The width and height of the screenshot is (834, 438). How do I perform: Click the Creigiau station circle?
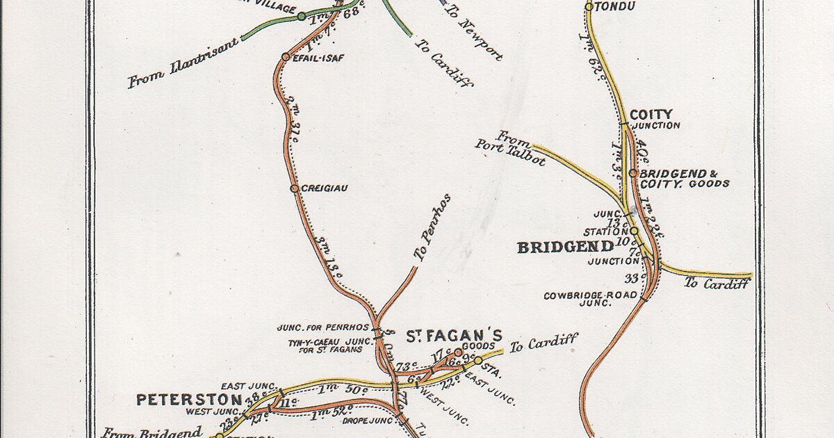click(x=294, y=188)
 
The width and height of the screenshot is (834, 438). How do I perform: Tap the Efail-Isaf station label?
click(x=318, y=58)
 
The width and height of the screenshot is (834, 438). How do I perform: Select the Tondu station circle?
click(x=589, y=7)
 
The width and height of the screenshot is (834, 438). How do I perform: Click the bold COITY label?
click(x=651, y=114)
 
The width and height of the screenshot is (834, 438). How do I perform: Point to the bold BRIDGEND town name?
click(x=565, y=247)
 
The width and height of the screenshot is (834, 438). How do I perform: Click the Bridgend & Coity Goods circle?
click(x=633, y=173)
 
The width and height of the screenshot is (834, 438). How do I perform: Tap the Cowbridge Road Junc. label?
click(x=576, y=299)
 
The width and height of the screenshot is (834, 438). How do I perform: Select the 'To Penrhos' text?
click(x=432, y=227)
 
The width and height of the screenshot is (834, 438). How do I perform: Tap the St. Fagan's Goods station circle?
click(x=459, y=352)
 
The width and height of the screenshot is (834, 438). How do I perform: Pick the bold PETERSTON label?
click(x=188, y=400)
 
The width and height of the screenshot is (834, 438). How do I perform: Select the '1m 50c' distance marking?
click(x=341, y=389)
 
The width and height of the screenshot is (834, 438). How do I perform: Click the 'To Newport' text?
click(x=480, y=31)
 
